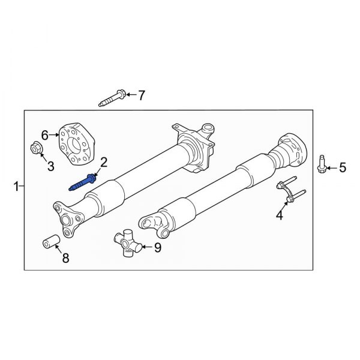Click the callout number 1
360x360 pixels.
pos(16,187)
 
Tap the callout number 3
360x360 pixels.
pos(50,166)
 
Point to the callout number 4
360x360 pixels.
pos(279,214)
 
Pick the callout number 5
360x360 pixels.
pos(343,167)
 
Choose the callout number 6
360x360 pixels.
pos(45,134)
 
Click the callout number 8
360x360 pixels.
pos(65,259)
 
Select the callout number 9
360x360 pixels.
pos(158,247)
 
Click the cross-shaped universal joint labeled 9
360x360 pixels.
pos(127,245)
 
